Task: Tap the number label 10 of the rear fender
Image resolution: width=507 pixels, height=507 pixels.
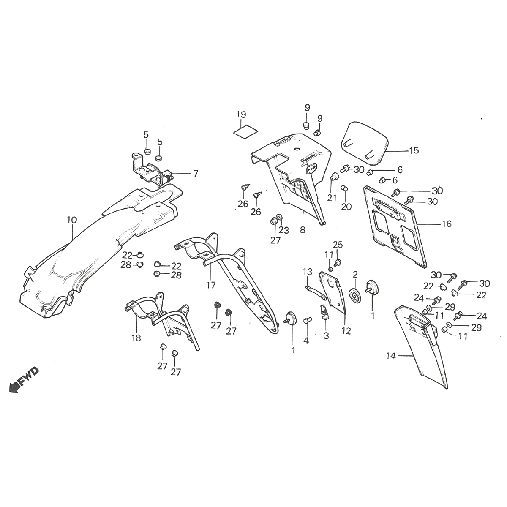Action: [72, 220]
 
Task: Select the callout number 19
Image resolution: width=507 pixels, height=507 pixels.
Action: [241, 114]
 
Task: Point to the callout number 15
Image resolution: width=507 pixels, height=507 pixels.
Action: [414, 150]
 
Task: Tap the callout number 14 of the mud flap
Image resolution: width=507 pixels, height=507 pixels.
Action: [391, 356]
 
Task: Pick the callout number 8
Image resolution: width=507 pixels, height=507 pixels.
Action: [303, 231]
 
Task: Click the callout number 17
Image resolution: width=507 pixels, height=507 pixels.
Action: [211, 285]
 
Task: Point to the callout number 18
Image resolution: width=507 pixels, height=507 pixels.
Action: [136, 338]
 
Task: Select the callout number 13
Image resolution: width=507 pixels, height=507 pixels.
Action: [307, 271]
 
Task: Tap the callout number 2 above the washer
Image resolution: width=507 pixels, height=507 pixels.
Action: [355, 274]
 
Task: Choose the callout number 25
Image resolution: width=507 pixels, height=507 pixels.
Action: [338, 245]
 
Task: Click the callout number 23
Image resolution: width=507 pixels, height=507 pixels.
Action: [283, 230]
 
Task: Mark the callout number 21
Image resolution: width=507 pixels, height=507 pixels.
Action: [330, 199]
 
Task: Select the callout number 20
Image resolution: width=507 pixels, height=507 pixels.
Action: [346, 207]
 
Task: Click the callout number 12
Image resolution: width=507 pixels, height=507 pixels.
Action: [346, 332]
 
